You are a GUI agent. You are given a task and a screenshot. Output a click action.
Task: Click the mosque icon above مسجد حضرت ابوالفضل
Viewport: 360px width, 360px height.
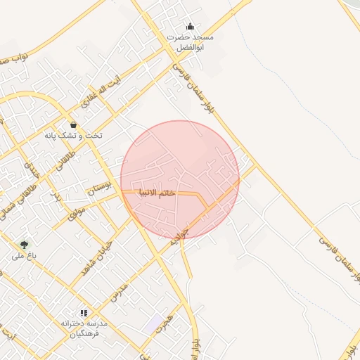(189, 27)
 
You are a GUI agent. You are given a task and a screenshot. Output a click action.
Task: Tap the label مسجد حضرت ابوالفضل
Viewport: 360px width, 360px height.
(191, 41)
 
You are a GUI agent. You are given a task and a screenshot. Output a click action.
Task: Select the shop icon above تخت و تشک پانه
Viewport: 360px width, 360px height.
(73, 124)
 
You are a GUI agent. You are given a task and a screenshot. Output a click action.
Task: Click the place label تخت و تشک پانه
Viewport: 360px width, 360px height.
(73, 135)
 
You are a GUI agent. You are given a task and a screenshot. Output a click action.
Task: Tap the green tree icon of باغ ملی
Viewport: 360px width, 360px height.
(25, 245)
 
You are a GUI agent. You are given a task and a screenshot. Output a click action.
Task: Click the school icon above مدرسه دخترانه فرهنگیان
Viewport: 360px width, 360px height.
(84, 312)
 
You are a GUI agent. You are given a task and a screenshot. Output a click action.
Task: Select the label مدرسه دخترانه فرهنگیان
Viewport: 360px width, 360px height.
(83, 328)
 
